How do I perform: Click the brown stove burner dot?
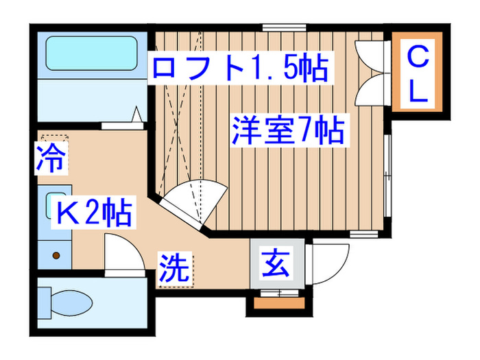pos(57,256)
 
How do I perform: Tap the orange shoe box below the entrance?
pos(278,302)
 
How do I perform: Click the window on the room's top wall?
pos(277,28)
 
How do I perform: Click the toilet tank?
pos(45,302)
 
